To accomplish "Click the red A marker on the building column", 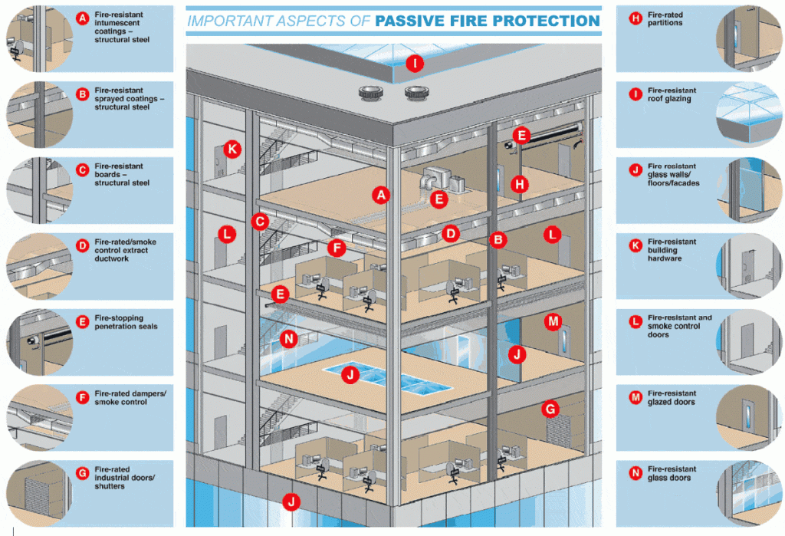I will coord(379,195).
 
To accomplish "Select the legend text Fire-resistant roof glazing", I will coord(669,95).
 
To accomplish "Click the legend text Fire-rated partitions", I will coord(665,19).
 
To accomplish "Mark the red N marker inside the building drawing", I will coord(288,338).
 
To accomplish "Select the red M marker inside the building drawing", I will coord(553,322).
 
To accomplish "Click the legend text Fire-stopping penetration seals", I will coord(126,322).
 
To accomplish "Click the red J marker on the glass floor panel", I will coord(350,376).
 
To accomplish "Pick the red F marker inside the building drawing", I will coord(335,248).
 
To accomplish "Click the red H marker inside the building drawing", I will coord(521,184).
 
